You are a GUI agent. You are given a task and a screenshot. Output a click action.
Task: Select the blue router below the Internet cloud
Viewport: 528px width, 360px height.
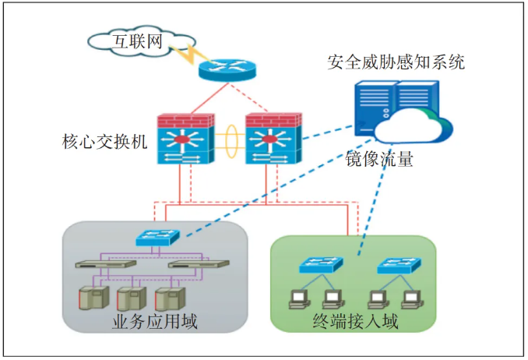click(226, 69)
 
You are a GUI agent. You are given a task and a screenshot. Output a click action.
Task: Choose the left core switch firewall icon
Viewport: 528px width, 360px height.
click(183, 140)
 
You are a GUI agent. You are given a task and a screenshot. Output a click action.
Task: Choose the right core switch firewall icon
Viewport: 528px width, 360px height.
click(272, 140)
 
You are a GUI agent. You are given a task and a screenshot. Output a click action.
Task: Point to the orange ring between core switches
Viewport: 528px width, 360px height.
click(227, 141)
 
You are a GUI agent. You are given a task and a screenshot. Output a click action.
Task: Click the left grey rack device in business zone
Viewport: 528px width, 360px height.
click(106, 264)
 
